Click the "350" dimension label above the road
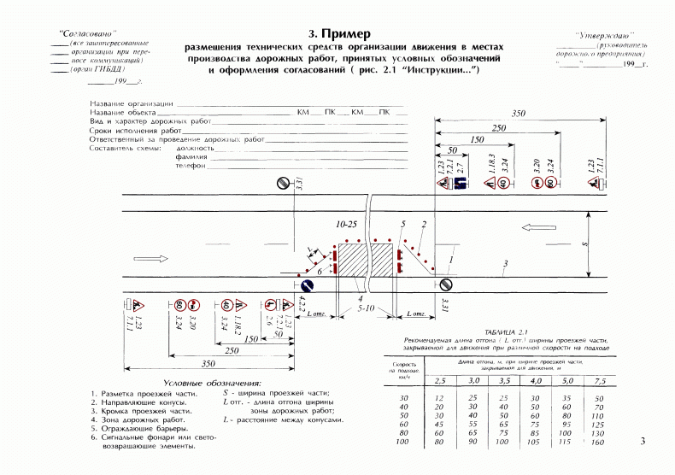(518, 114)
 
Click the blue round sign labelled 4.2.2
(302, 286)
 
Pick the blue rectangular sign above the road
(459, 183)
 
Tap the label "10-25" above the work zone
(346, 224)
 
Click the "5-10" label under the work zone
(368, 307)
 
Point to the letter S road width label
(584, 243)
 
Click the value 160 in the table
(597, 443)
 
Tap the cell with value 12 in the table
(440, 398)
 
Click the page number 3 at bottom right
(643, 441)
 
